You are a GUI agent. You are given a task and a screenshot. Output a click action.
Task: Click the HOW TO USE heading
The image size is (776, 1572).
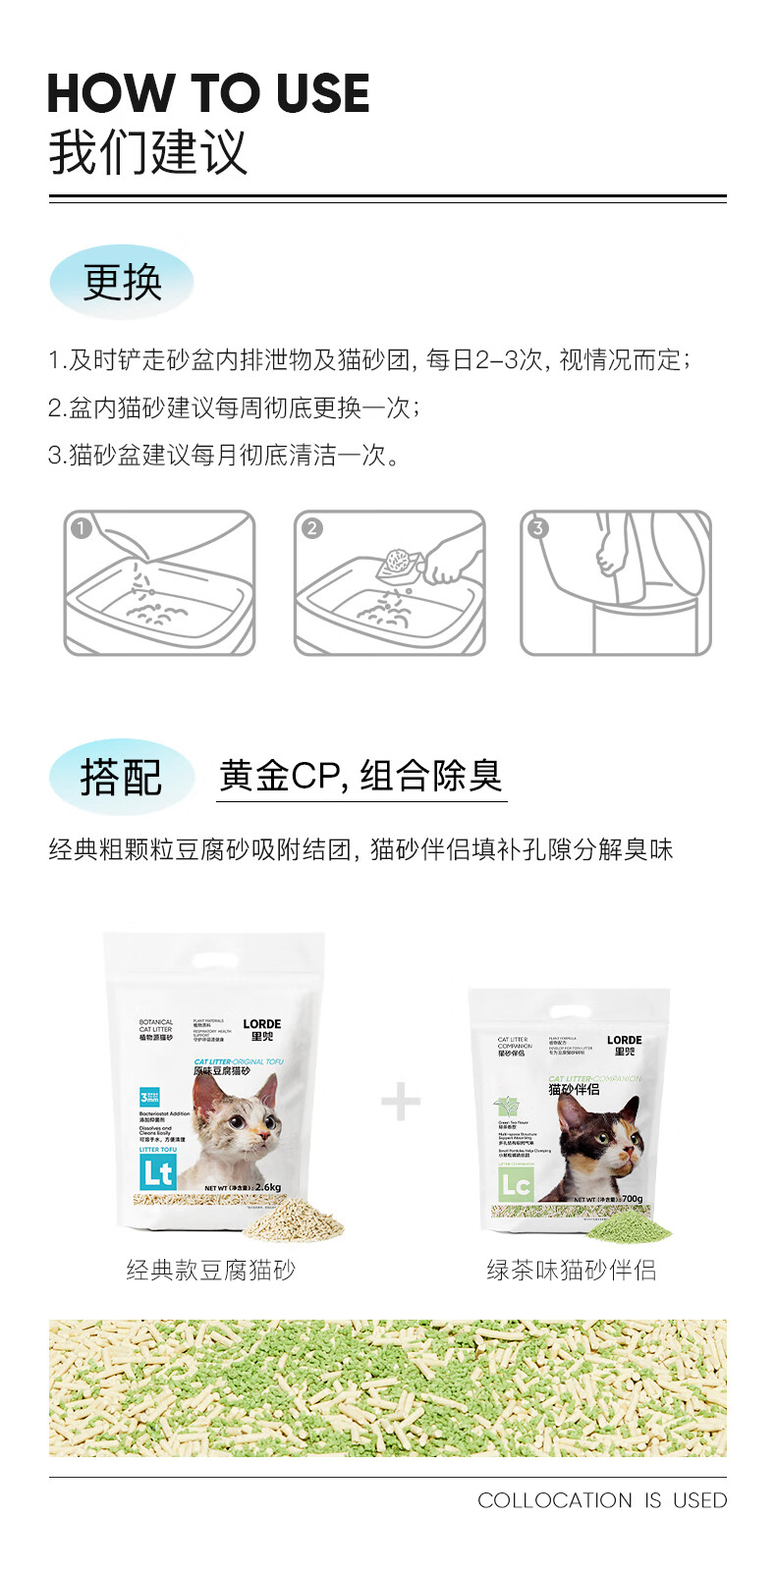tap(208, 94)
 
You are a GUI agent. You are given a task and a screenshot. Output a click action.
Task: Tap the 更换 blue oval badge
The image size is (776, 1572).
tap(122, 283)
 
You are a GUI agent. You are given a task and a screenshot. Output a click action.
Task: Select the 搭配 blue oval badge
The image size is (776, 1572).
tap(121, 777)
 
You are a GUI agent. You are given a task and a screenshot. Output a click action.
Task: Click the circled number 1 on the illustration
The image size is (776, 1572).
tap(82, 528)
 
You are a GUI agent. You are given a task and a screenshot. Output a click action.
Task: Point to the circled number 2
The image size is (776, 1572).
tap(311, 528)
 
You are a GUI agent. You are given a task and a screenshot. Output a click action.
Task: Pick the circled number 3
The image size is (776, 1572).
tap(537, 528)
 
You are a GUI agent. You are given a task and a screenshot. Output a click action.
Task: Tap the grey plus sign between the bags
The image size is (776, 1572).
tap(401, 1101)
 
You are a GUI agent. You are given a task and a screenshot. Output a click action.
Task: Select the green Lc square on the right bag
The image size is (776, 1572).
tap(516, 1185)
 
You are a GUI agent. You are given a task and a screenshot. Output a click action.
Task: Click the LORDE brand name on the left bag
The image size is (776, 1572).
tap(262, 1024)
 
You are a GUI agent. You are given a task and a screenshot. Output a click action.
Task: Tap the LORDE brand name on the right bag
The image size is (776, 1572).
tap(624, 1040)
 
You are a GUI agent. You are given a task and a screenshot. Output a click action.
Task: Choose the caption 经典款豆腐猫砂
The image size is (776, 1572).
tap(210, 1271)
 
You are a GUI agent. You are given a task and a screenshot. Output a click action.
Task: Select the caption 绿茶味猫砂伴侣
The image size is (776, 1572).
tap(572, 1271)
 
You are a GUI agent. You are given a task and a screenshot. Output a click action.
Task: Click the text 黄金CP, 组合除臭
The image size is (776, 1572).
tap(360, 777)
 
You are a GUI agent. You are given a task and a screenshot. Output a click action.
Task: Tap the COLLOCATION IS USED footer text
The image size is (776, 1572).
tap(602, 1500)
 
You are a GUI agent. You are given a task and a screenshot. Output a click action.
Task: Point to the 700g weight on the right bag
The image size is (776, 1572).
tap(633, 1199)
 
